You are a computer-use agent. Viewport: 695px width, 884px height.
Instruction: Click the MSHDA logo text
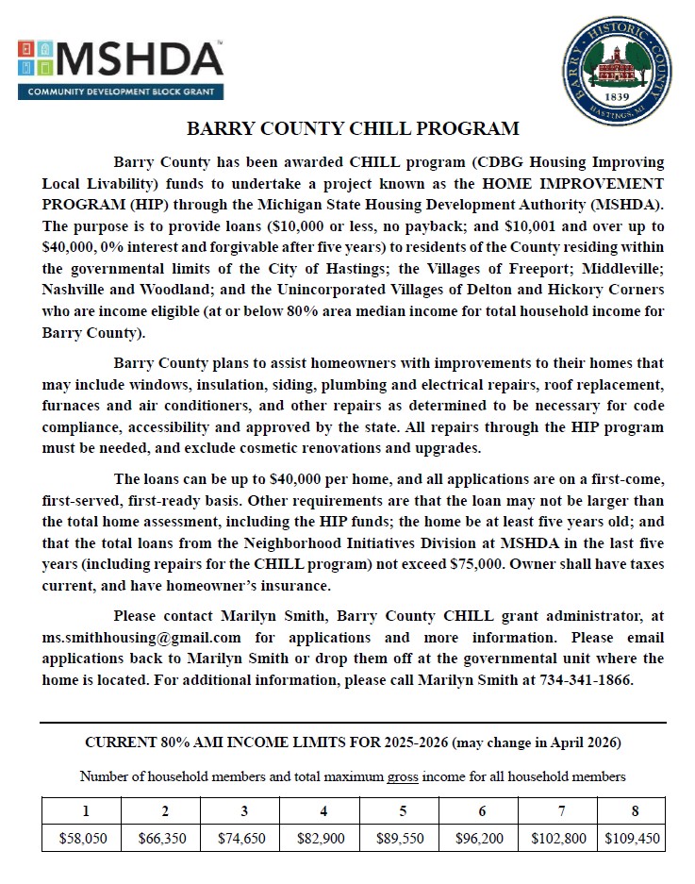141,59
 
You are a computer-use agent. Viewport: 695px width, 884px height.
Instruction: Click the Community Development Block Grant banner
121,92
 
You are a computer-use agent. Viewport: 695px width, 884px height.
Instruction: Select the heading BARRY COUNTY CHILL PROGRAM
353,129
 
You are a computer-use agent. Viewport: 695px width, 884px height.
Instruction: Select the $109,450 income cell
632,837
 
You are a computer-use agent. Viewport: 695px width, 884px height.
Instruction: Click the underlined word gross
403,776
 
